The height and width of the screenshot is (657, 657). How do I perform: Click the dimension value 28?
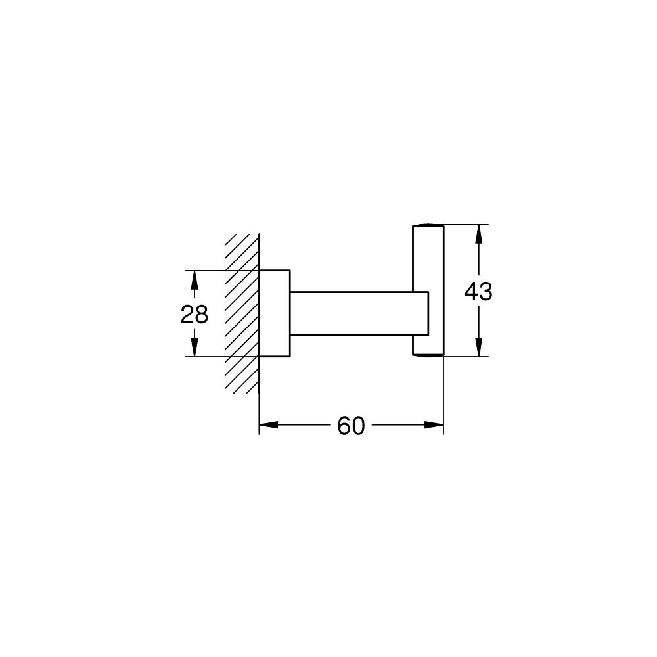pyautogui.click(x=194, y=315)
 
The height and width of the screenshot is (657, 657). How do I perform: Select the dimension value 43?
pyautogui.click(x=478, y=291)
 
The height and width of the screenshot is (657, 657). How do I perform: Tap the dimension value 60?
pyautogui.click(x=351, y=426)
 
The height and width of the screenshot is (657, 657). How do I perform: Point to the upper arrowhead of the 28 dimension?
pyautogui.click(x=194, y=279)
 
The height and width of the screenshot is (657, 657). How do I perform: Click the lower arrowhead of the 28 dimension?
pyautogui.click(x=194, y=348)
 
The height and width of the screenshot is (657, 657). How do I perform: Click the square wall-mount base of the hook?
pyautogui.click(x=275, y=313)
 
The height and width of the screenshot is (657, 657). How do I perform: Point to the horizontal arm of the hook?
pyautogui.click(x=351, y=313)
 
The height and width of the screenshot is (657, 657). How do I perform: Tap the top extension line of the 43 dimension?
pyautogui.click(x=466, y=225)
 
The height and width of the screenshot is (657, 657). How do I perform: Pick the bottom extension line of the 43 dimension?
pyautogui.click(x=466, y=357)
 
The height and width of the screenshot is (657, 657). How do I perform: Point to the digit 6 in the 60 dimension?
pyautogui.click(x=344, y=426)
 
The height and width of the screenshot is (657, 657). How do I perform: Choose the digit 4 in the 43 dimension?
pyautogui.click(x=471, y=291)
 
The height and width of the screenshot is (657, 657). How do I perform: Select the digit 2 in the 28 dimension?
pyautogui.click(x=187, y=315)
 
